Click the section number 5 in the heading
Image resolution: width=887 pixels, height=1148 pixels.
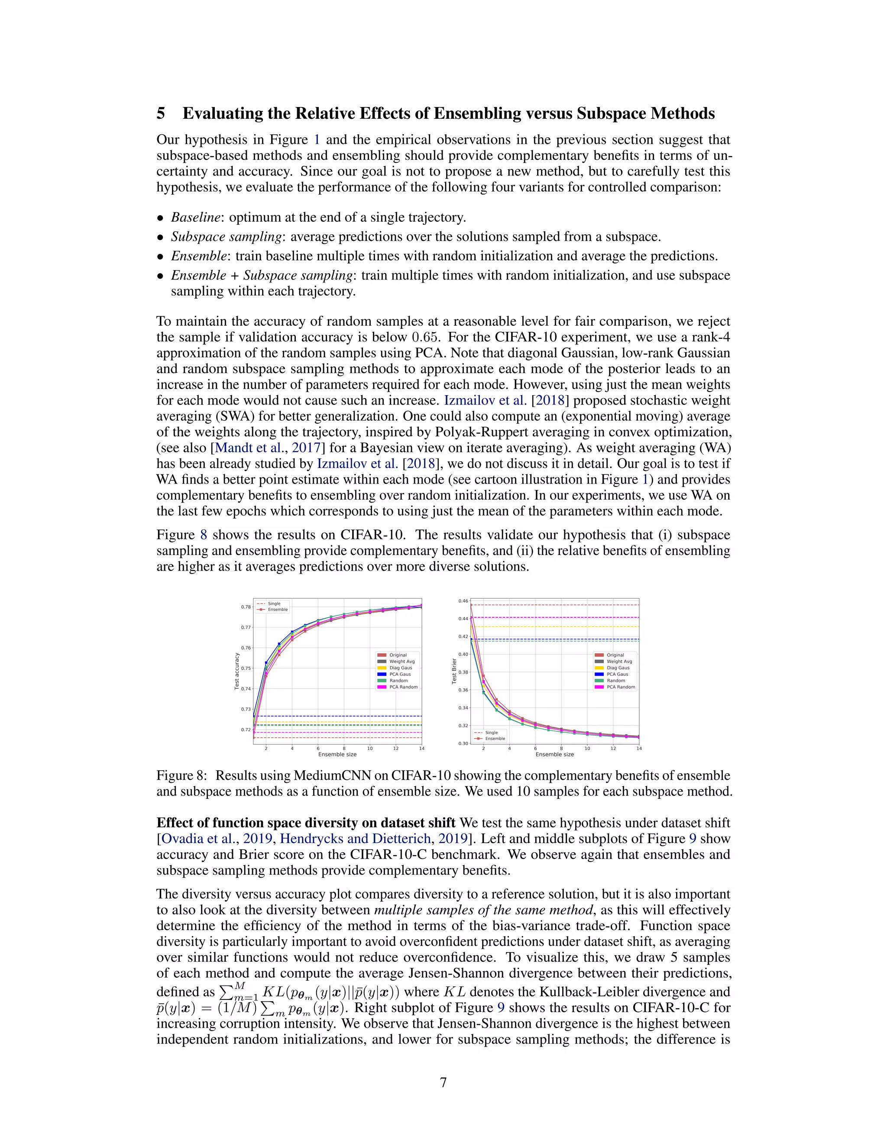point(161,114)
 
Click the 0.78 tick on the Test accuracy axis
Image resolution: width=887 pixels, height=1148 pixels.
point(246,606)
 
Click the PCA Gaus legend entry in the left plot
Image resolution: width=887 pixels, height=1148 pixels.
point(400,674)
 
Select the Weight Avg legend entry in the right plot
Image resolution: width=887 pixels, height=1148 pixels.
point(619,661)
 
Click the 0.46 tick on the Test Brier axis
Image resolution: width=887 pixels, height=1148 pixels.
point(463,601)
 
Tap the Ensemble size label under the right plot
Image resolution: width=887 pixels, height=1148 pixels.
point(554,754)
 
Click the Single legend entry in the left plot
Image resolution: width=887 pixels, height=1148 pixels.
point(274,603)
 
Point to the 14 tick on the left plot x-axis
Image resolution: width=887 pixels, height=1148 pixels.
point(421,748)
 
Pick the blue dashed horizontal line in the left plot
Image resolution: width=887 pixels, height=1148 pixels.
point(342,716)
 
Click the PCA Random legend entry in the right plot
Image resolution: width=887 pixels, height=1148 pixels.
point(621,687)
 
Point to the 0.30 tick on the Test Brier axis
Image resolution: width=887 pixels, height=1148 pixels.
point(463,743)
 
